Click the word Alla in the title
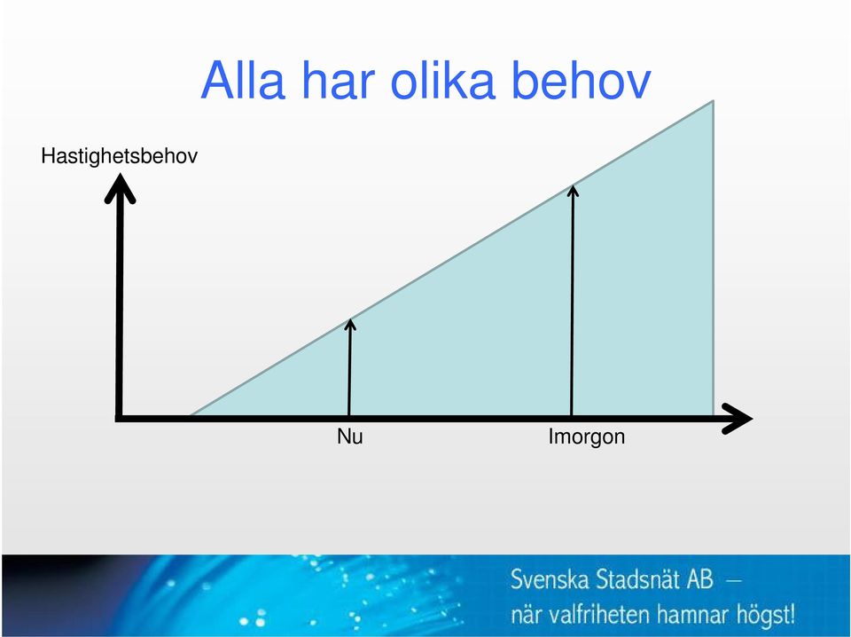coord(243,80)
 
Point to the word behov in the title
coord(581,80)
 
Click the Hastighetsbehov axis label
coord(120,156)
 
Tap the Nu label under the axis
coord(350,436)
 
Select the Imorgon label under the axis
coord(587,437)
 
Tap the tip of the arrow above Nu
coord(350,319)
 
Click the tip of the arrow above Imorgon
coord(573,185)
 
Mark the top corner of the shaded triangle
coord(713,100)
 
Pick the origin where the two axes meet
coord(119,419)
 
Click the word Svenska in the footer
coord(550,580)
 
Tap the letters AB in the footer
coord(699,580)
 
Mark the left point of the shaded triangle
coord(190,416)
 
